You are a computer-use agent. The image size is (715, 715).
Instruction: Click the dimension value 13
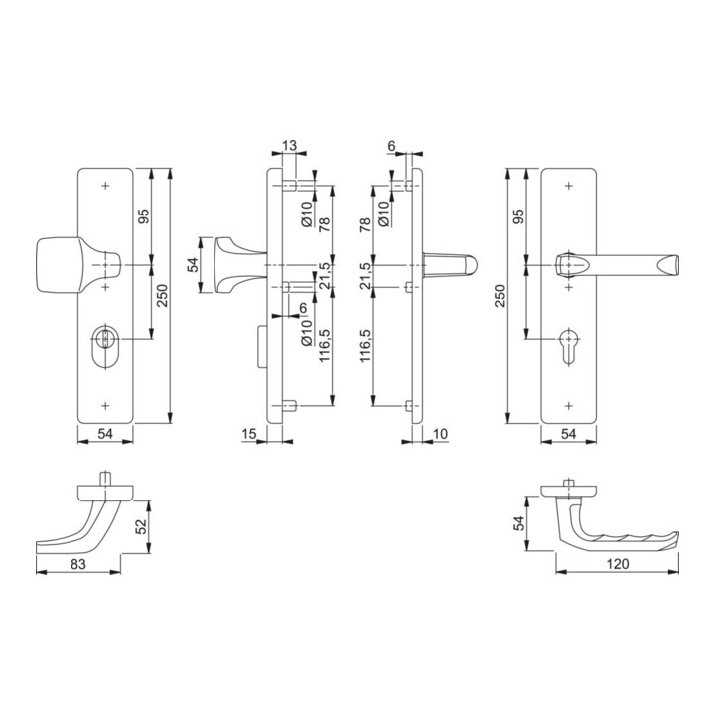(x=290, y=146)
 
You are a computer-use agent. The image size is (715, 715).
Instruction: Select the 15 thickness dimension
(x=248, y=434)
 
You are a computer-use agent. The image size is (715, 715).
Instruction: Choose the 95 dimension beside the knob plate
(x=143, y=217)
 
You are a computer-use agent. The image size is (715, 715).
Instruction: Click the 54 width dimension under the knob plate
(x=104, y=434)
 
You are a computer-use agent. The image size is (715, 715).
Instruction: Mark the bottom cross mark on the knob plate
(x=104, y=404)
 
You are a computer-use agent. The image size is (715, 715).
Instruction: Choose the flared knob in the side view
(x=223, y=265)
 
